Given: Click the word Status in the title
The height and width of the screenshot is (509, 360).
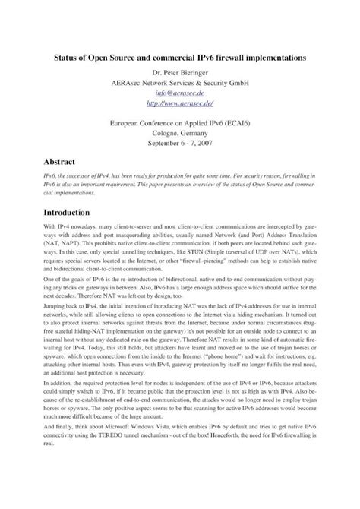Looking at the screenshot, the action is tap(72, 57).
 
